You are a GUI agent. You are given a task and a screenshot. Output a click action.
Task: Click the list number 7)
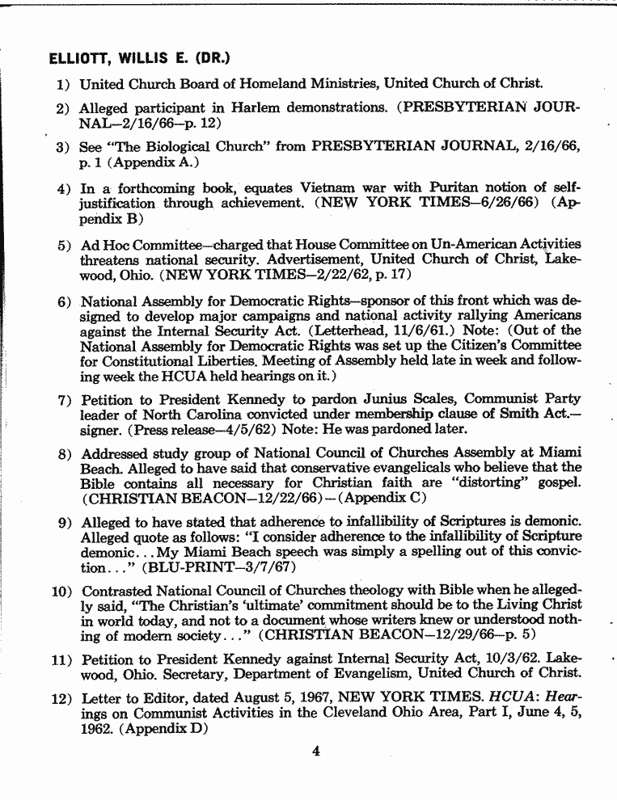64,400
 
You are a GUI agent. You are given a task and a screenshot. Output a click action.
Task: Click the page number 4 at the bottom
316,751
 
